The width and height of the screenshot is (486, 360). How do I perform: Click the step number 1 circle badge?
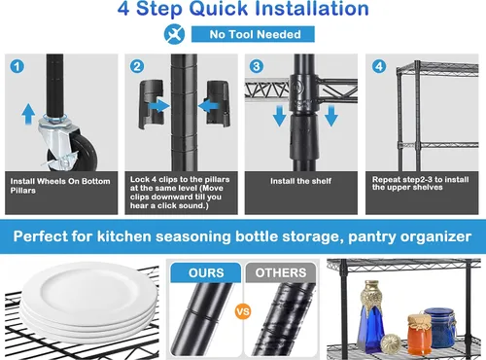(17, 66)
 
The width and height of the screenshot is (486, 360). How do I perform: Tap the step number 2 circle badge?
(137, 66)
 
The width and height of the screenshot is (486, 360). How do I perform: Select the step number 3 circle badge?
(257, 66)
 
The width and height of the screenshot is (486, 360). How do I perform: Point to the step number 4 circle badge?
(379, 66)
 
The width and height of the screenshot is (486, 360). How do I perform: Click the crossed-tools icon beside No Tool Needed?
(174, 34)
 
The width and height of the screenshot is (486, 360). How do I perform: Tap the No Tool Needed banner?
(253, 34)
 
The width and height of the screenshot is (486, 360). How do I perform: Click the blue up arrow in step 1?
(28, 114)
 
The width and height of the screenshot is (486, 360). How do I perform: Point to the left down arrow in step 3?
(279, 116)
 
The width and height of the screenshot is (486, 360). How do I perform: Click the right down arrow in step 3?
(331, 116)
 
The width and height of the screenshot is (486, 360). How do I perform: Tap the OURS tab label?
(206, 272)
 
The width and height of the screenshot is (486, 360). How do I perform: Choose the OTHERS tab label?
(281, 272)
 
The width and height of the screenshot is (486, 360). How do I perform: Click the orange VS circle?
(243, 311)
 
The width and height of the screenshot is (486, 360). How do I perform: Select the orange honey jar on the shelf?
(419, 334)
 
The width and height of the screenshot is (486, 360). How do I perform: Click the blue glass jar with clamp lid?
(440, 328)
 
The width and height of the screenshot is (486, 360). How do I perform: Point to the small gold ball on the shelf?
(391, 343)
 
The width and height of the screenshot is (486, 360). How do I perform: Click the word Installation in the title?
(311, 9)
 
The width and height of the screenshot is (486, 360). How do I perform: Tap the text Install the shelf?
(300, 181)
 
